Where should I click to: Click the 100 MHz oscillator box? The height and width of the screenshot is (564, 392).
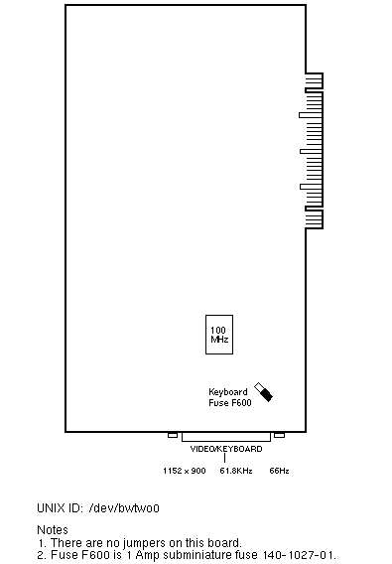tap(219, 335)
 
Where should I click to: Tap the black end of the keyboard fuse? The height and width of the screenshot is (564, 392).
tap(267, 394)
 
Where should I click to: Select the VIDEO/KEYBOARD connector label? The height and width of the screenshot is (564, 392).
tap(226, 449)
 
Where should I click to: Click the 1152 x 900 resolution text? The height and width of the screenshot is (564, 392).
tap(185, 471)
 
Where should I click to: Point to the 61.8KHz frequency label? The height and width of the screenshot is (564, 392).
tap(236, 471)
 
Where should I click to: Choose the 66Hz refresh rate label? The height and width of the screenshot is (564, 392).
tap(279, 471)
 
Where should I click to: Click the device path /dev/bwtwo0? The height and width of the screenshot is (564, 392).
tap(124, 508)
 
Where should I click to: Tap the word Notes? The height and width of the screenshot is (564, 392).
tap(53, 530)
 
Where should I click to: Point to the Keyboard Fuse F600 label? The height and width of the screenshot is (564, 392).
tap(230, 397)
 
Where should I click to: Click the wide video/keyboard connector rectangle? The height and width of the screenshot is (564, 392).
tap(226, 437)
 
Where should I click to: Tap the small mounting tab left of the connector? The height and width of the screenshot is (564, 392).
tap(173, 435)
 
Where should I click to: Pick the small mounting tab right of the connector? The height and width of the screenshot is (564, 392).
tap(280, 435)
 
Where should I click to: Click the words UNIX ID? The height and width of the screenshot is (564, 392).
tap(61, 508)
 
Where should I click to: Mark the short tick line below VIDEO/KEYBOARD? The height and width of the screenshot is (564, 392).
tap(224, 458)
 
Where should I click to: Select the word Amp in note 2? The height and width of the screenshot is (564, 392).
tap(148, 555)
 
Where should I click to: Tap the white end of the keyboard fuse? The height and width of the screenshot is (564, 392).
tap(259, 387)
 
